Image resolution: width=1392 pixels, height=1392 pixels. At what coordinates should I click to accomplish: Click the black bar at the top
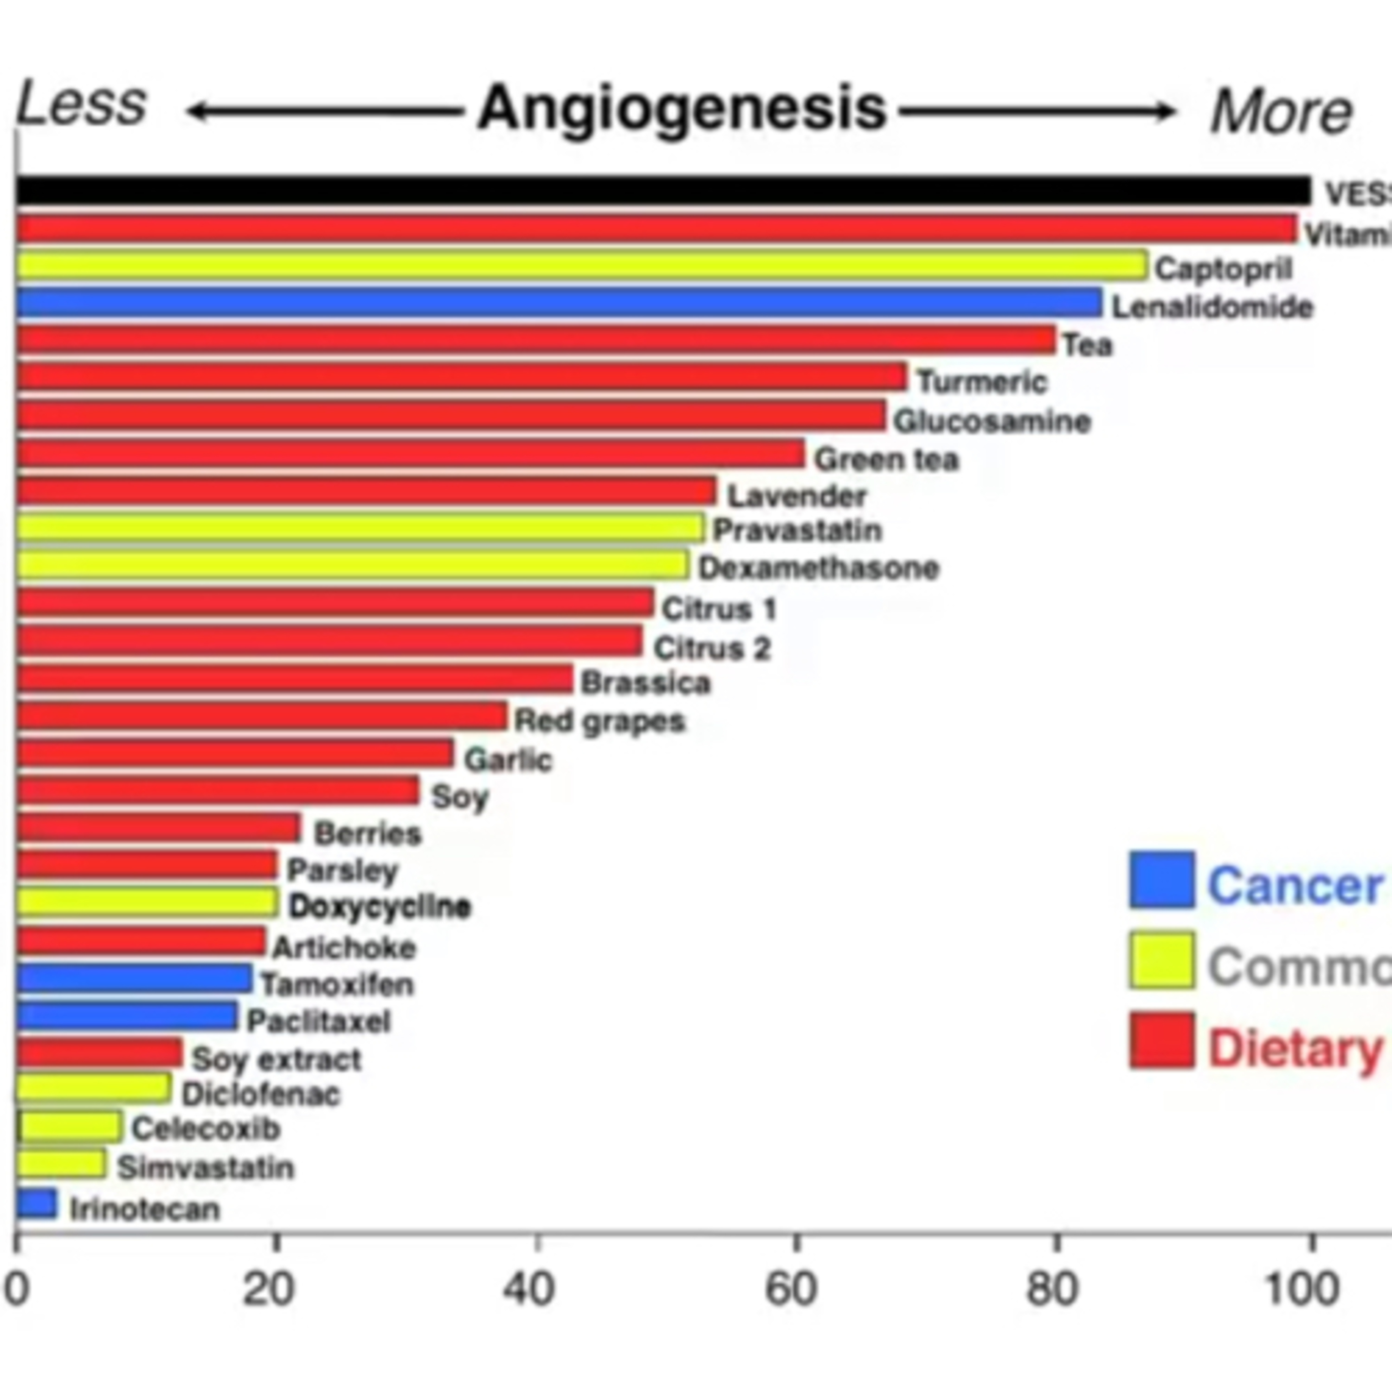(663, 191)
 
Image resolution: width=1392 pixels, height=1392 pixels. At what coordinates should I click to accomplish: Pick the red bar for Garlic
(235, 754)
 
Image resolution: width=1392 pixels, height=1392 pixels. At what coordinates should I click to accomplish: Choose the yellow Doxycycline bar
(147, 902)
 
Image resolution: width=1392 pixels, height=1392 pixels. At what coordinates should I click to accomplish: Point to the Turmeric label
(981, 382)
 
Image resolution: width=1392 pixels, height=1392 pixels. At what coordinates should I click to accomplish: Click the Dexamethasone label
(818, 568)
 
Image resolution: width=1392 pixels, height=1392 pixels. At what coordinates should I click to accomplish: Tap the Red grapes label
(599, 721)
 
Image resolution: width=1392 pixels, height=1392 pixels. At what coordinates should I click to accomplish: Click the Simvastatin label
(206, 1168)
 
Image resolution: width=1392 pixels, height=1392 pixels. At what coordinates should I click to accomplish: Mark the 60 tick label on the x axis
(791, 1290)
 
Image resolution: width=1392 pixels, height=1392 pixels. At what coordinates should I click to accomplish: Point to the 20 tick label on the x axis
(269, 1290)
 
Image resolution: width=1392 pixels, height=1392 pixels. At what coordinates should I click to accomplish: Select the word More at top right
(1281, 112)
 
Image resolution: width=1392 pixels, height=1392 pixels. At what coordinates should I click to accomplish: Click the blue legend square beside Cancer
(1161, 880)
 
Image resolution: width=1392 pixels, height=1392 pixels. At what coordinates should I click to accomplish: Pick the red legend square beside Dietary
(1161, 1040)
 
